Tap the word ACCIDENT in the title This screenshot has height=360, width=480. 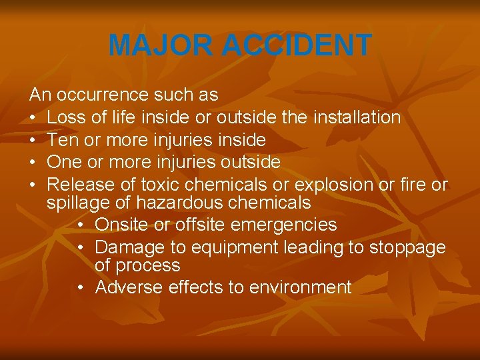(297, 45)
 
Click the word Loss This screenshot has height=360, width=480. (66, 118)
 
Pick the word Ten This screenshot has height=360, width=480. (63, 140)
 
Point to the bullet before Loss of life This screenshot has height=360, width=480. (33, 119)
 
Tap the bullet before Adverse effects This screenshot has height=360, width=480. (81, 288)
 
